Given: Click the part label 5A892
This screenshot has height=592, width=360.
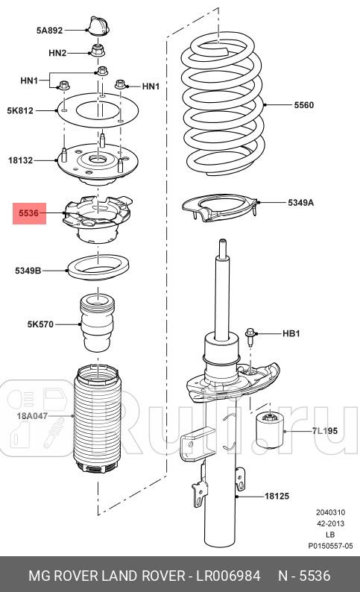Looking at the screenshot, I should click(x=49, y=31).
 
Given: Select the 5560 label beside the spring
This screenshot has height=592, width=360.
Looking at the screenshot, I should click(x=303, y=105).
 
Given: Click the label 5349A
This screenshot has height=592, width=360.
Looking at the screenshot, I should click(x=301, y=202).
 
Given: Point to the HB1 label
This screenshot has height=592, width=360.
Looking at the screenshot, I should click(x=289, y=333).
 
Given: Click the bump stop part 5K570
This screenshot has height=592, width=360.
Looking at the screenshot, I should click(x=95, y=324).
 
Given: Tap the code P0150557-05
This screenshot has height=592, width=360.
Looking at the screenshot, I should click(x=329, y=547).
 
